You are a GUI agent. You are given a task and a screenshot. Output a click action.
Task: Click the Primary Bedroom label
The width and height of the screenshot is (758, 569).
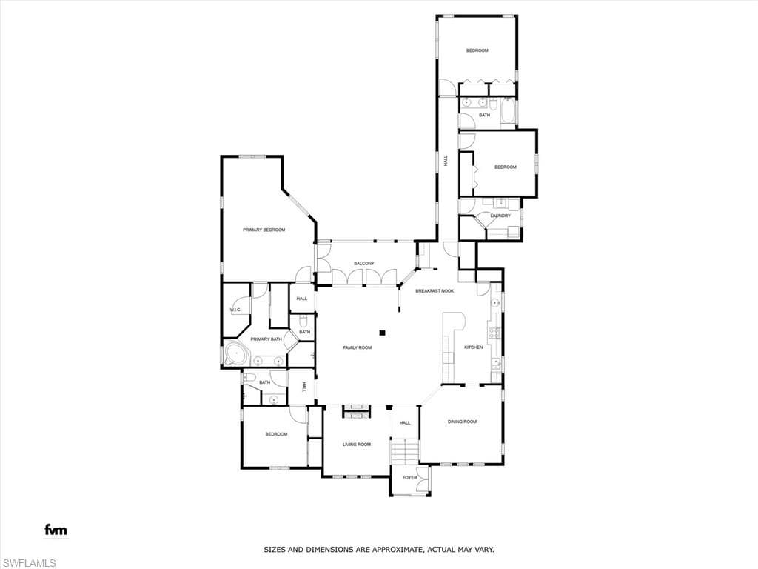264,230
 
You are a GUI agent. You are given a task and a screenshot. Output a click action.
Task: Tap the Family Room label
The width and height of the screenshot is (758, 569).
358,347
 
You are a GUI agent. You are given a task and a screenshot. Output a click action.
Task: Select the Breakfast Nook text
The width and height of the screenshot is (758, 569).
435,290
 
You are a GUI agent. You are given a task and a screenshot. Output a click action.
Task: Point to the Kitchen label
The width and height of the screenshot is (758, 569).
473,347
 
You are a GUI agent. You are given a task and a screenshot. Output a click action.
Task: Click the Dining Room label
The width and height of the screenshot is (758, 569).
462,422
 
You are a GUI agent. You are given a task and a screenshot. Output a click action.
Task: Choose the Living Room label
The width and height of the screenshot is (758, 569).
357,445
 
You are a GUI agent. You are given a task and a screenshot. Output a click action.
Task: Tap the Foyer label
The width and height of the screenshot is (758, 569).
409,478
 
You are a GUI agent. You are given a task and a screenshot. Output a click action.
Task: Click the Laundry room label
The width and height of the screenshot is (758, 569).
500,216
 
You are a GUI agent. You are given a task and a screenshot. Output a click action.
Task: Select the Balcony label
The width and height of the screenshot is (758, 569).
364,263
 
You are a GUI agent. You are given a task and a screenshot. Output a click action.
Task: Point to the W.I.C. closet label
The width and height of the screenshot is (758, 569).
235,310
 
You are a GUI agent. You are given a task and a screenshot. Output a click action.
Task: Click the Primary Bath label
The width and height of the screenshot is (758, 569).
266,339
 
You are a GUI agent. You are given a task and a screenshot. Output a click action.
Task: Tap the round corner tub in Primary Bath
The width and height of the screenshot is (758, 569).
236,355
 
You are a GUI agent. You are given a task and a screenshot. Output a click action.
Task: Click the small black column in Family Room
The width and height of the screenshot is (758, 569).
382,333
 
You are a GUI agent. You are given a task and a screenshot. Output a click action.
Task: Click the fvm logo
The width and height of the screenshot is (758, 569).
56,530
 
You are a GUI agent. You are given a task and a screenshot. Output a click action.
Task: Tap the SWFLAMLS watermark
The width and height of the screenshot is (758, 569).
28,563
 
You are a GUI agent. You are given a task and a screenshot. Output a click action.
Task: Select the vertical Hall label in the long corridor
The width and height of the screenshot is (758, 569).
446,161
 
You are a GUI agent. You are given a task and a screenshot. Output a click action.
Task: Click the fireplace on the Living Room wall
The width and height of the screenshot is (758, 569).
357,411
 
